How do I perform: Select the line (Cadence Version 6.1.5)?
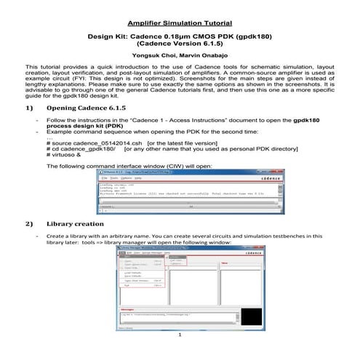coord(180,44)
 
